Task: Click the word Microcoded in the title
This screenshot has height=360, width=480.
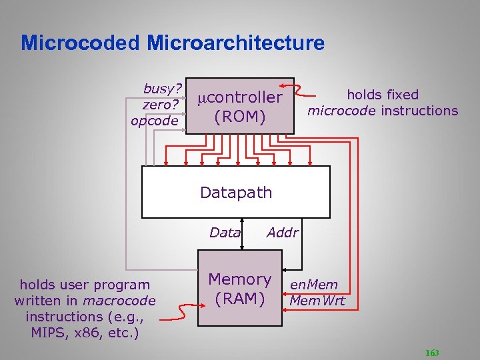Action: pyautogui.click(x=81, y=43)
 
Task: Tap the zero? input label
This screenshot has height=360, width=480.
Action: pyautogui.click(x=160, y=105)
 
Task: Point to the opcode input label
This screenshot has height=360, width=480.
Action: pyautogui.click(x=155, y=121)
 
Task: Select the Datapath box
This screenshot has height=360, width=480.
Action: pyautogui.click(x=236, y=192)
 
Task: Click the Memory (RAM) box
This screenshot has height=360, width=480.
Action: pyautogui.click(x=240, y=288)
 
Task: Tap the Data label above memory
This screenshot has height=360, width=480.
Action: pyautogui.click(x=225, y=233)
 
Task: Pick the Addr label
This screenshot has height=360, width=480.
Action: pyautogui.click(x=282, y=233)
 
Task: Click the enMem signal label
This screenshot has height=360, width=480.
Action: pyautogui.click(x=313, y=285)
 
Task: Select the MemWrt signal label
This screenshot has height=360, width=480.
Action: pyautogui.click(x=317, y=300)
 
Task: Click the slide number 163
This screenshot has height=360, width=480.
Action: pyautogui.click(x=431, y=353)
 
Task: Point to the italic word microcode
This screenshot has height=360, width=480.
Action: pyautogui.click(x=342, y=111)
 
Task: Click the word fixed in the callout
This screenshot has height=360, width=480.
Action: pyautogui.click(x=398, y=95)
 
